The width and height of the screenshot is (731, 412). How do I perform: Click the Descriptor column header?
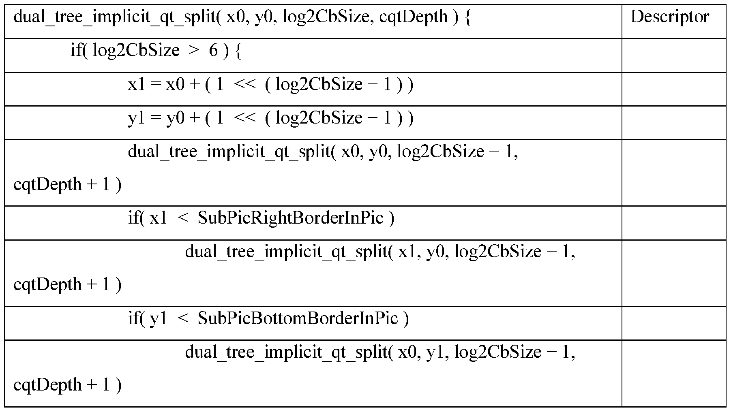670,17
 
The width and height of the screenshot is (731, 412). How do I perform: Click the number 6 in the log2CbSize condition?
213,51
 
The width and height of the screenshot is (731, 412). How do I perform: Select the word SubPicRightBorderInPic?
290,218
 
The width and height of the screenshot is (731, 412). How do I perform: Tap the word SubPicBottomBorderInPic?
298,318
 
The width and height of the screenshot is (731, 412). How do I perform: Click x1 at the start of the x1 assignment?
137,85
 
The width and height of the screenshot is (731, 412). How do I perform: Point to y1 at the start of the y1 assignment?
137,118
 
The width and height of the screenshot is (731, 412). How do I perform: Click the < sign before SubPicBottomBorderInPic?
182,319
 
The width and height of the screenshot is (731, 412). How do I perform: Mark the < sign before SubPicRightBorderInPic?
182,218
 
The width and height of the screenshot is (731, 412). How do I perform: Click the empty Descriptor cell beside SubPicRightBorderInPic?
673,222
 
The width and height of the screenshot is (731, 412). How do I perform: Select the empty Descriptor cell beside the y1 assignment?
673,122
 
